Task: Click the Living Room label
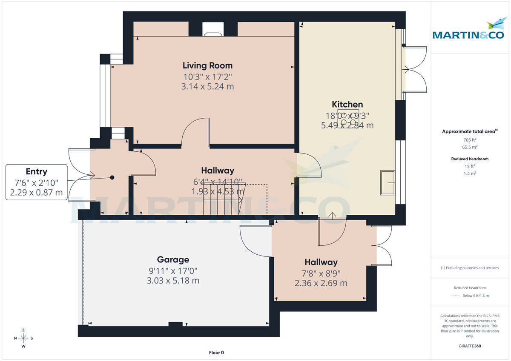(207, 65)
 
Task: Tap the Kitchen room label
(347, 104)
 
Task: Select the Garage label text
(173, 259)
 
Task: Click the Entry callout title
(37, 172)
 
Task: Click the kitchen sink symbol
(388, 183)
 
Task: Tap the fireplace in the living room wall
(213, 28)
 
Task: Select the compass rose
(23, 338)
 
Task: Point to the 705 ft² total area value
(470, 139)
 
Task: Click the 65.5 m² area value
(470, 147)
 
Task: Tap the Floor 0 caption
(216, 352)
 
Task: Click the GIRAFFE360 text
(470, 346)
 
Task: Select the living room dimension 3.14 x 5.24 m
(207, 87)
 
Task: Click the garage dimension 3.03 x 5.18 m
(173, 281)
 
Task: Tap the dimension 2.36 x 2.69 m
(321, 283)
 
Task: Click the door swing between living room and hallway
(196, 133)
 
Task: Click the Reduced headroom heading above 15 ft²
(470, 159)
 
